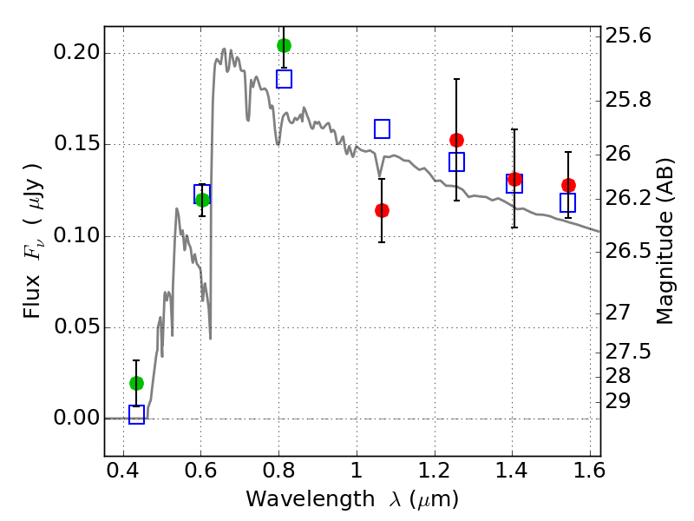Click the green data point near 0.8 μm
pos(284,45)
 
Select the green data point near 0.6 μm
pos(202,200)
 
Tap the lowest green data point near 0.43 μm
pos(136,383)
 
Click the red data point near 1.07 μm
pos(382,210)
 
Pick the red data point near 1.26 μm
pos(456,140)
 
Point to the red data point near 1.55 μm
pos(568,185)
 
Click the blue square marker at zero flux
pos(136,414)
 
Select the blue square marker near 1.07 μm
pos(382,129)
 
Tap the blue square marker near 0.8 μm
pos(284,79)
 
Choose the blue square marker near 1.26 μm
pos(456,162)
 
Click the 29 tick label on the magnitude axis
pos(621,401)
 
